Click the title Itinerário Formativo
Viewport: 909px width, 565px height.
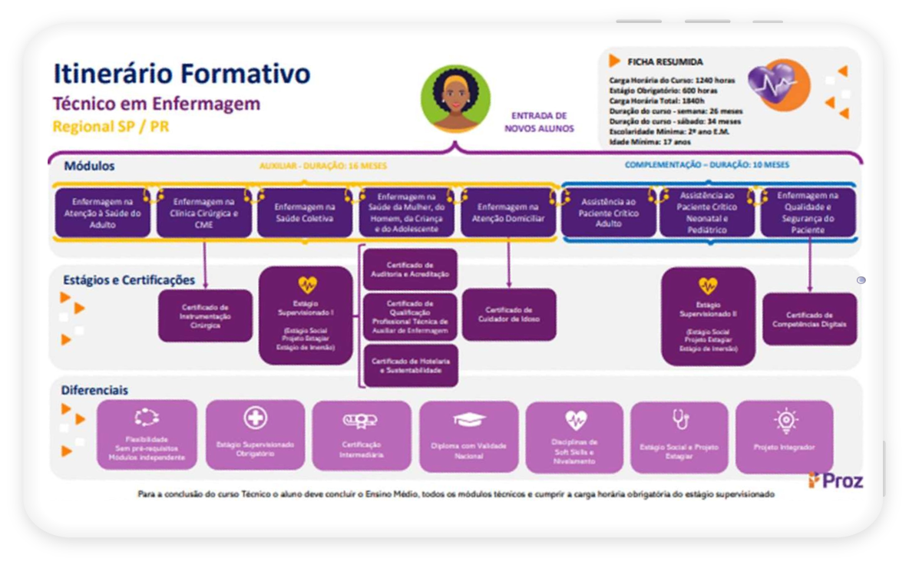[x=181, y=74]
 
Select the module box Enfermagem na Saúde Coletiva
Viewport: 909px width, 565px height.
[x=306, y=213]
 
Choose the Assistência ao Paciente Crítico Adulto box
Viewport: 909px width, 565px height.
[x=609, y=213]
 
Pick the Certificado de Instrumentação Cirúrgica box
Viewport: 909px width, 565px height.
[x=205, y=316]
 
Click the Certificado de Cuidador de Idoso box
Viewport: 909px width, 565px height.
[x=509, y=314]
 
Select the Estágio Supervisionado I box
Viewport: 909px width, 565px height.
[x=306, y=316]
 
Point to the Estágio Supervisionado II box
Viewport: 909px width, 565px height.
[x=708, y=316]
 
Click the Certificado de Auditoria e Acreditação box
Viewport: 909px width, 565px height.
[x=410, y=269]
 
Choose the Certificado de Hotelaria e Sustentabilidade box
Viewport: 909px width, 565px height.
[x=410, y=365]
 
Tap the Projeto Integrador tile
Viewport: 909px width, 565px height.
[x=784, y=436]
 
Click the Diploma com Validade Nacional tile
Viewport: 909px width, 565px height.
[x=468, y=436]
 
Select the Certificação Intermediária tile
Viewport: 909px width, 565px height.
[x=361, y=436]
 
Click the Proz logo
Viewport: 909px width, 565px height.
[x=835, y=481]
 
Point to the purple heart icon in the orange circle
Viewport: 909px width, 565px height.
[x=778, y=84]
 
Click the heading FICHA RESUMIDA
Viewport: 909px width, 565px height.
[x=665, y=62]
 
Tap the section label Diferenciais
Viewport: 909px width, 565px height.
[x=96, y=390]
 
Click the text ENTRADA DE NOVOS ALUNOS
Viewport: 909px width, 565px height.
[x=539, y=122]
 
